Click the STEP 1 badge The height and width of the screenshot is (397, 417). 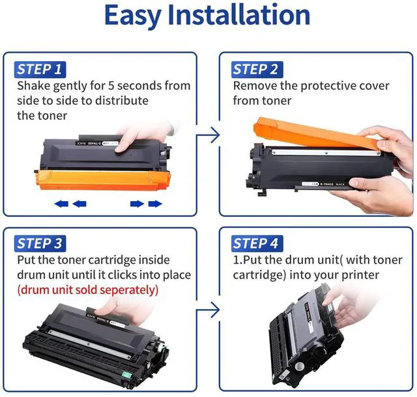click(40, 70)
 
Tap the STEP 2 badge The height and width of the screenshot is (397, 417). click(257, 70)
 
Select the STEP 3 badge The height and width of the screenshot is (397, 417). click(40, 243)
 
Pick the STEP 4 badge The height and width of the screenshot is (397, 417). click(257, 243)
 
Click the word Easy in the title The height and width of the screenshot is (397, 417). click(133, 16)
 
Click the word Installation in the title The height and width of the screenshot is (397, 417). click(239, 14)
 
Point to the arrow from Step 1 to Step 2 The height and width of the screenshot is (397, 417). click(208, 135)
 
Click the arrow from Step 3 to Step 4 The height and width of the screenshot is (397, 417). click(208, 310)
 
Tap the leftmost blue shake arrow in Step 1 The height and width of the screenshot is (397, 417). click(61, 204)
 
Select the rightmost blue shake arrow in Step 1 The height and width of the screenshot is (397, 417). click(155, 204)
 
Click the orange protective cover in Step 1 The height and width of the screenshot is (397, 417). click(103, 180)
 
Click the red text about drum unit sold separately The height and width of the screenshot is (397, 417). click(88, 290)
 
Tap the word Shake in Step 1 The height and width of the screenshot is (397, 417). click(34, 86)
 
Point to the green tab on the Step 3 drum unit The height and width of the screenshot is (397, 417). click(127, 375)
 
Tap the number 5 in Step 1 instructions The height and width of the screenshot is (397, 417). click(111, 86)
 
